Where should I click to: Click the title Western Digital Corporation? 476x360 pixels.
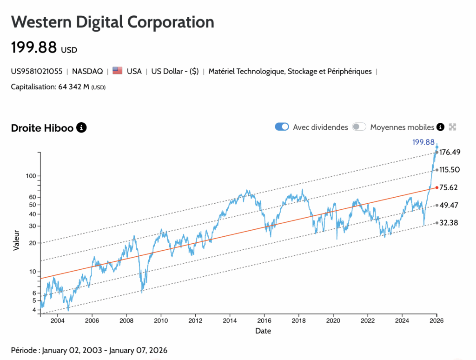(112, 22)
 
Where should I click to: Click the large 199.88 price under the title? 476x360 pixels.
(34, 47)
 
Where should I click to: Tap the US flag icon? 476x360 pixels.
(117, 71)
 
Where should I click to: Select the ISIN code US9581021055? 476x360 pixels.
(37, 71)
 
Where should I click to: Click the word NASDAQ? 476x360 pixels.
(87, 71)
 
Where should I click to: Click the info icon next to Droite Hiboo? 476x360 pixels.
(81, 127)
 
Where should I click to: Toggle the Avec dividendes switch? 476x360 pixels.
(282, 127)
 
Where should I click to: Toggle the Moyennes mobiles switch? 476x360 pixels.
(359, 127)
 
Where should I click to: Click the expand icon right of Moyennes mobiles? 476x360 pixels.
(452, 127)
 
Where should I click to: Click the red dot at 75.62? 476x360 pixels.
(436, 187)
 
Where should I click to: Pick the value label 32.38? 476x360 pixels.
(449, 223)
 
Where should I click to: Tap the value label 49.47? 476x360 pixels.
(449, 205)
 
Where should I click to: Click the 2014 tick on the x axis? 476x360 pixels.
(230, 321)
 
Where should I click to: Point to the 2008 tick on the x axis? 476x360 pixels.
(126, 321)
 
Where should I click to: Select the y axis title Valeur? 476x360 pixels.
(16, 240)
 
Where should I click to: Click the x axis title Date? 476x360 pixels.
(263, 331)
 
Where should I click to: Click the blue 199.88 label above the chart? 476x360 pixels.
(423, 142)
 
